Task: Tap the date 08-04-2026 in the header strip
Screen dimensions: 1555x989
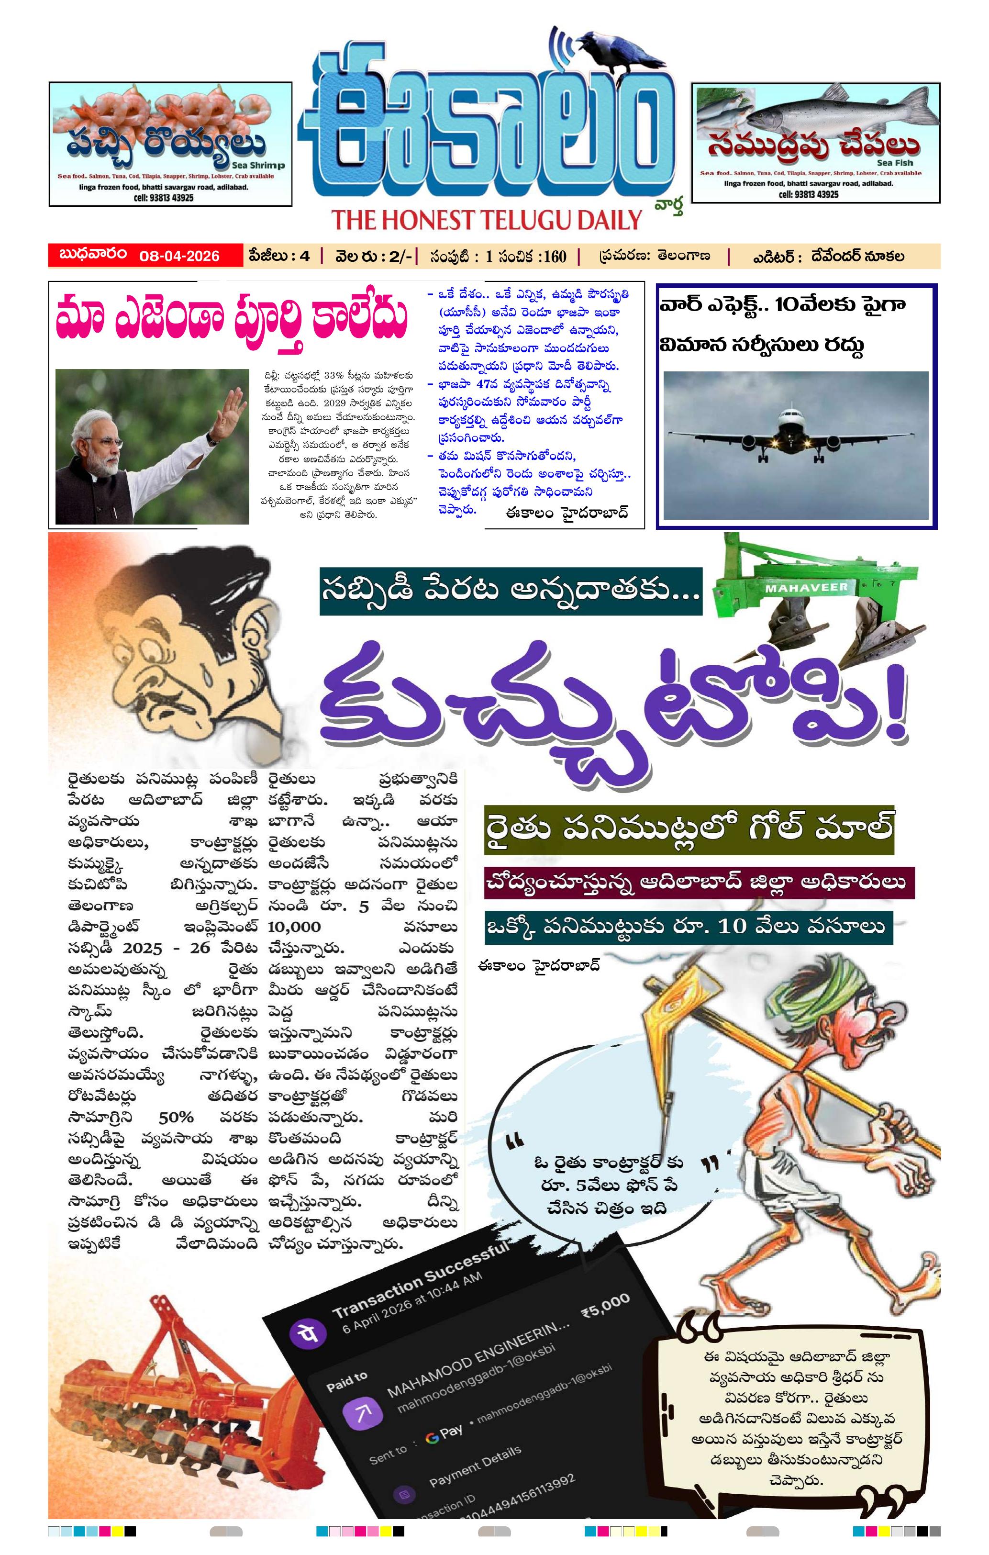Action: (x=179, y=256)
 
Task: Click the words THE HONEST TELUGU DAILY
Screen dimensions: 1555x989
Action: (x=486, y=220)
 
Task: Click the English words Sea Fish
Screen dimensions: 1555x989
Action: (x=895, y=163)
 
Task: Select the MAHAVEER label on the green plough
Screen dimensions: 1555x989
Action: (x=806, y=588)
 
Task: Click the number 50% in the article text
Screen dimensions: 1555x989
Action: (x=176, y=1117)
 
